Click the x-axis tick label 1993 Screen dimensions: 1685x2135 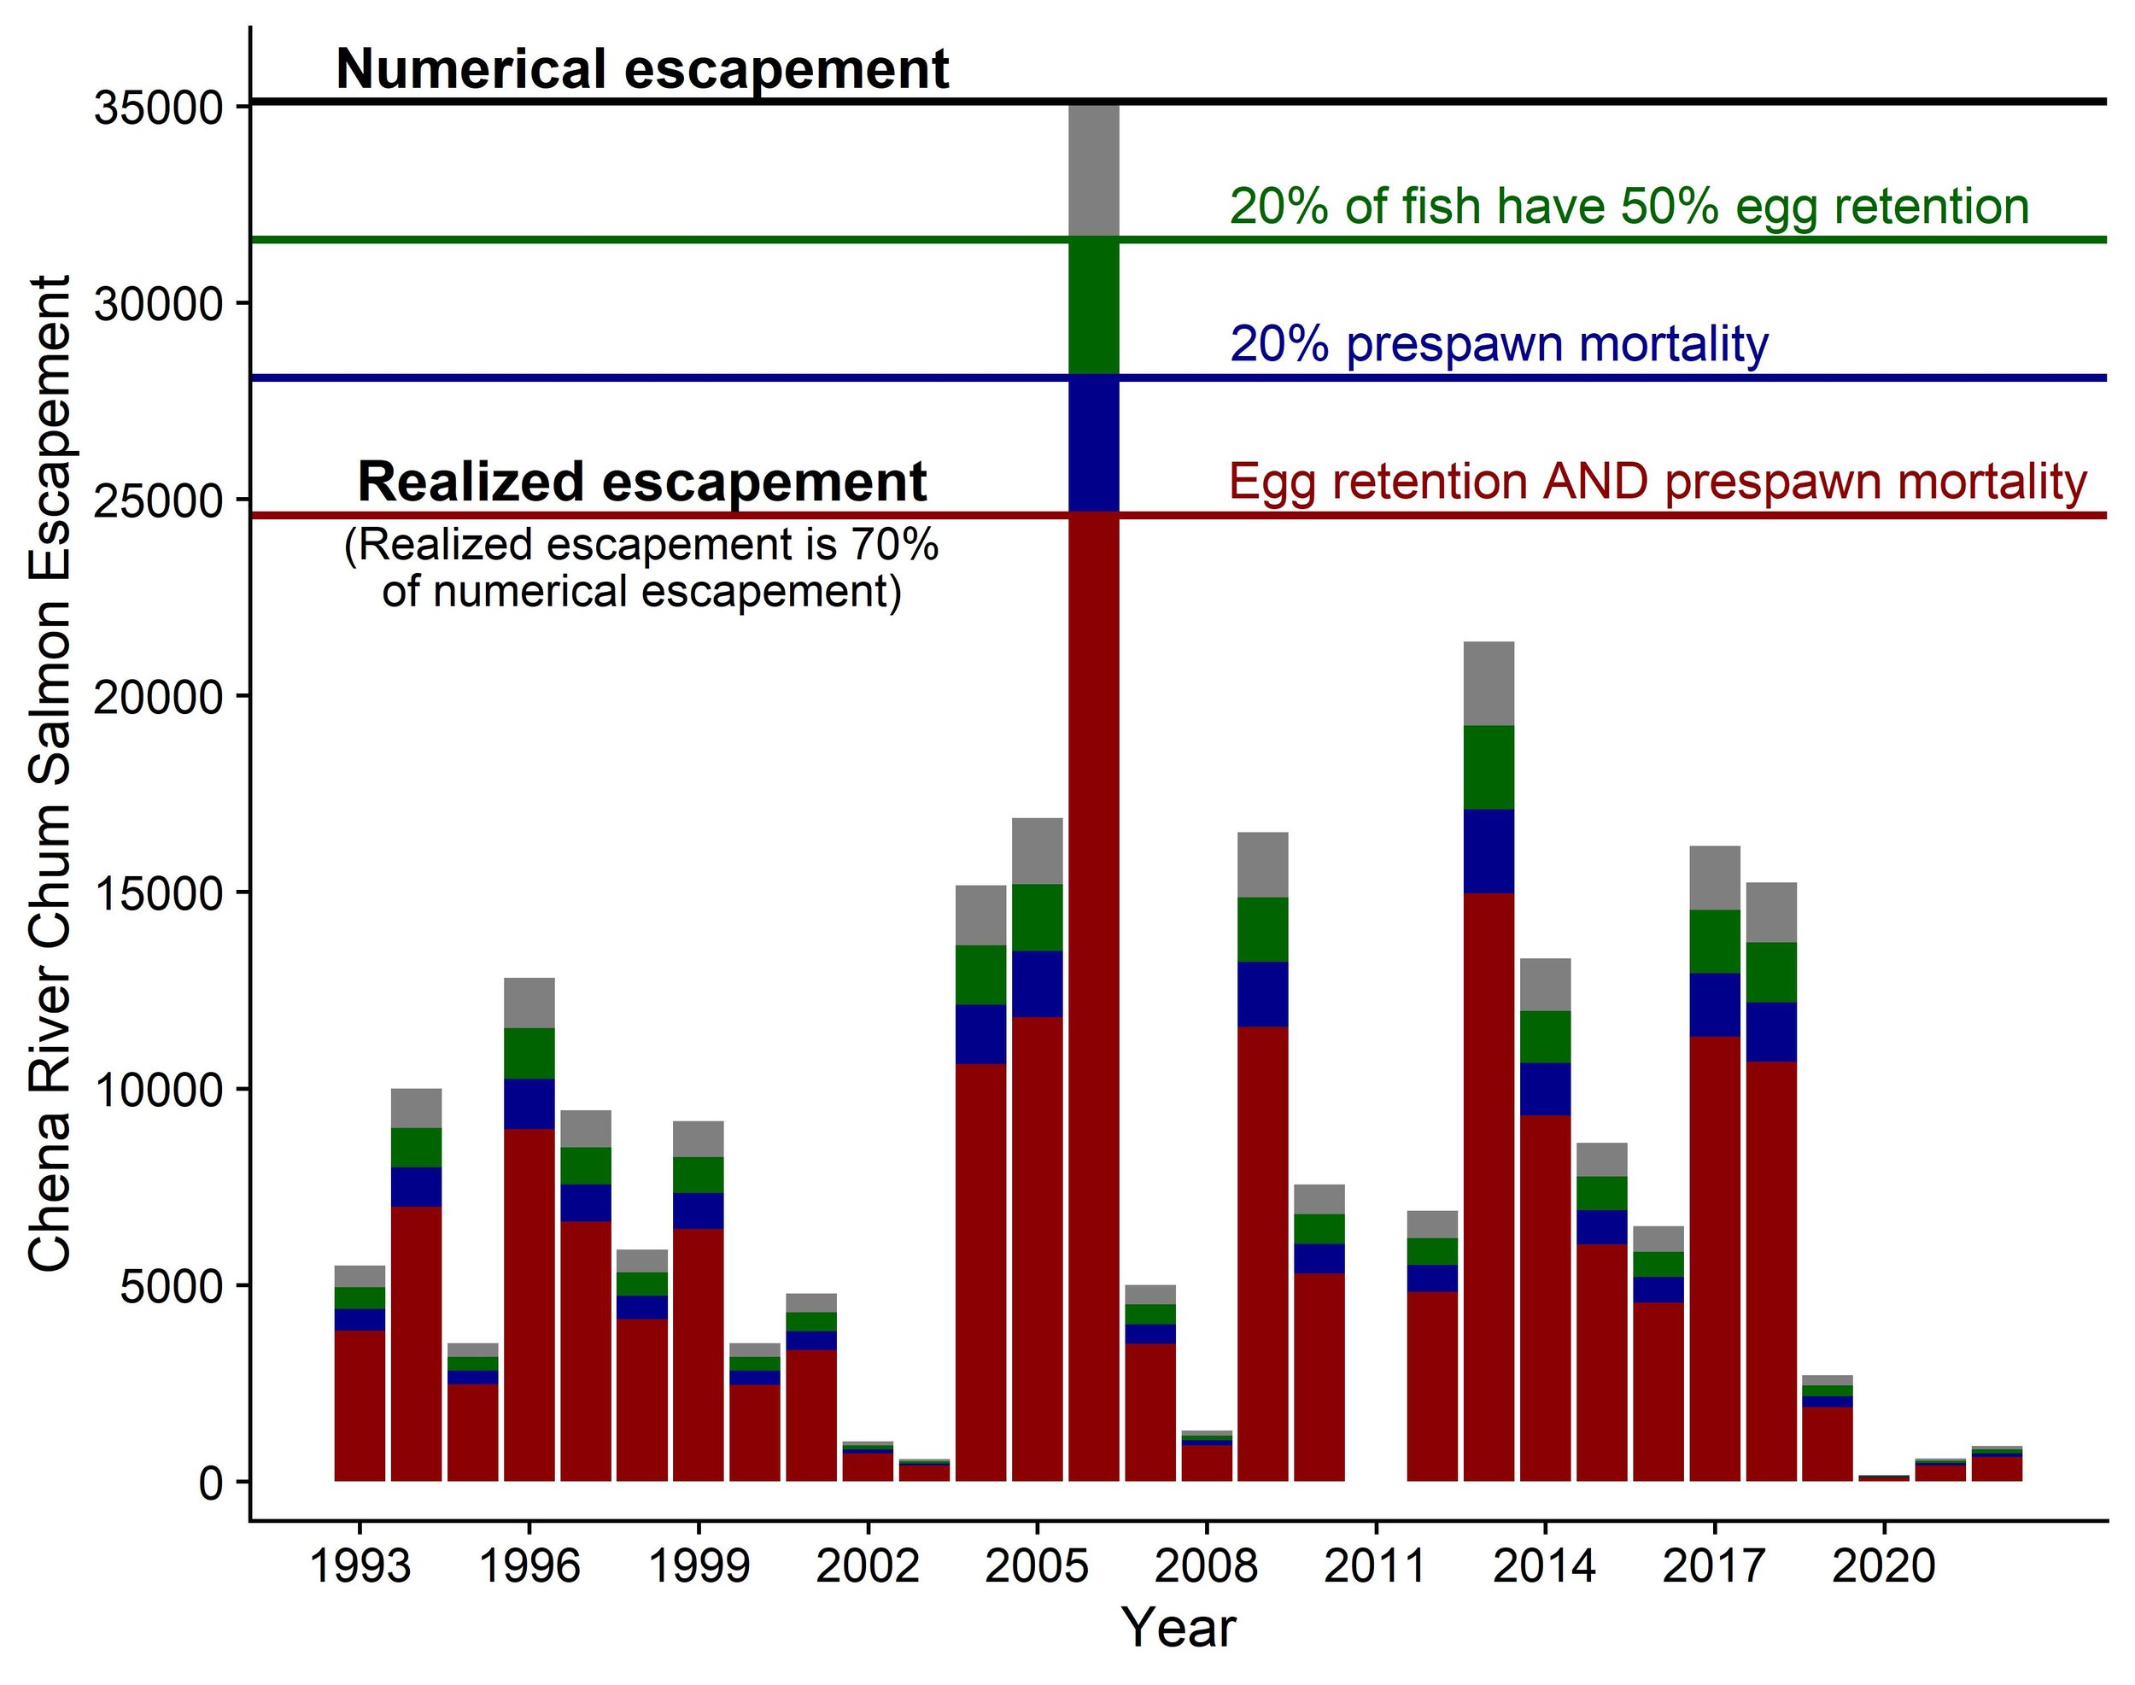tap(360, 1565)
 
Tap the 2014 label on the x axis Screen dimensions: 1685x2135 tap(1544, 1565)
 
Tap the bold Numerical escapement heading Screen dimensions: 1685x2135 tap(642, 70)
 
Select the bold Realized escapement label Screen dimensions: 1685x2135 tap(641, 483)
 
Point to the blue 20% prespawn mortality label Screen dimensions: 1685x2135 tap(1499, 344)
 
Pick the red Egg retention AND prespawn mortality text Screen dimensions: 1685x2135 tap(1658, 483)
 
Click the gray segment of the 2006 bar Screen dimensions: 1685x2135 tap(1094, 167)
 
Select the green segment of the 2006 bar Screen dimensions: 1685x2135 tap(1094, 306)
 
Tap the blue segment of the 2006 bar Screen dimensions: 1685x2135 tap(1094, 444)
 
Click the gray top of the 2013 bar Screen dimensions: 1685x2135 tap(1489, 684)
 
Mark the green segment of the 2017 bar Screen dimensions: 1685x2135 tap(1715, 941)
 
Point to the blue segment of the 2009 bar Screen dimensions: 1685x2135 tap(1263, 994)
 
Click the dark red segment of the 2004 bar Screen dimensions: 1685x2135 tap(980, 1273)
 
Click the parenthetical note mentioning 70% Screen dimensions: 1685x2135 tap(641, 568)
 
